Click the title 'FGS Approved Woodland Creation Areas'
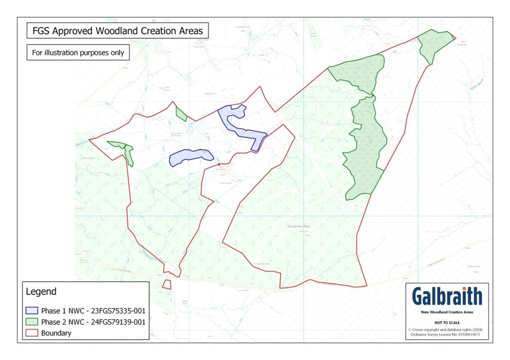(118, 31)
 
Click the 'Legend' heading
(41, 291)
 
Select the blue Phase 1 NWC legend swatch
(32, 311)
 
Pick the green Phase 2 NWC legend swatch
(32, 322)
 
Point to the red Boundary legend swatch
(32, 334)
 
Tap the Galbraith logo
(447, 296)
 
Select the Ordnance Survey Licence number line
(447, 334)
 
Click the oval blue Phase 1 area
(190, 157)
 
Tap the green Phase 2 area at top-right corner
(434, 44)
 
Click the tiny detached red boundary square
(166, 284)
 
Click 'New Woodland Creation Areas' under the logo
(447, 312)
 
